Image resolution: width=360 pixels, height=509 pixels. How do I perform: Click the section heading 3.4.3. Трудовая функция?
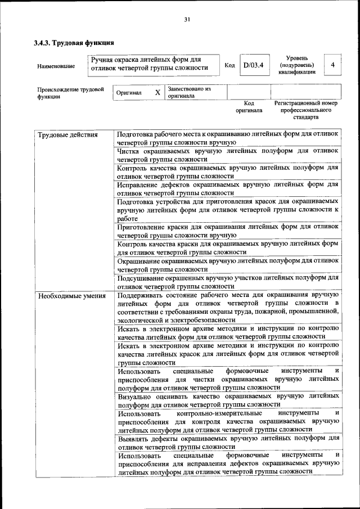pyautogui.click(x=74, y=43)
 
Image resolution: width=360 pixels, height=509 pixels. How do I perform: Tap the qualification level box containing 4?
pyautogui.click(x=332, y=65)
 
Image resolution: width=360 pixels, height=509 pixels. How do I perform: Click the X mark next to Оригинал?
pyautogui.click(x=157, y=92)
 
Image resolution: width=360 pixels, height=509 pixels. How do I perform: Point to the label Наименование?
pyautogui.click(x=56, y=66)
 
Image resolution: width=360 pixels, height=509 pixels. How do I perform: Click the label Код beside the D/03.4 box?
pyautogui.click(x=229, y=65)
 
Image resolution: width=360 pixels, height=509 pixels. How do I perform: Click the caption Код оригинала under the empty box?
pyautogui.click(x=249, y=107)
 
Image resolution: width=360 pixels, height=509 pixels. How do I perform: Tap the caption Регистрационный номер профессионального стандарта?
pyautogui.click(x=305, y=110)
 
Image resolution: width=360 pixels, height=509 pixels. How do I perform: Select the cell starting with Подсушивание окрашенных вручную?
pyautogui.click(x=228, y=282)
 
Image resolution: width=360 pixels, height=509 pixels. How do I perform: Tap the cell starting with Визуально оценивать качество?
pyautogui.click(x=228, y=400)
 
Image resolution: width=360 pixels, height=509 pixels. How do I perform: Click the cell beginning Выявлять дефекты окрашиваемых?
pyautogui.click(x=228, y=442)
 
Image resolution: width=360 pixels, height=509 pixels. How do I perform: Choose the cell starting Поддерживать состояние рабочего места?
pyautogui.click(x=228, y=307)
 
